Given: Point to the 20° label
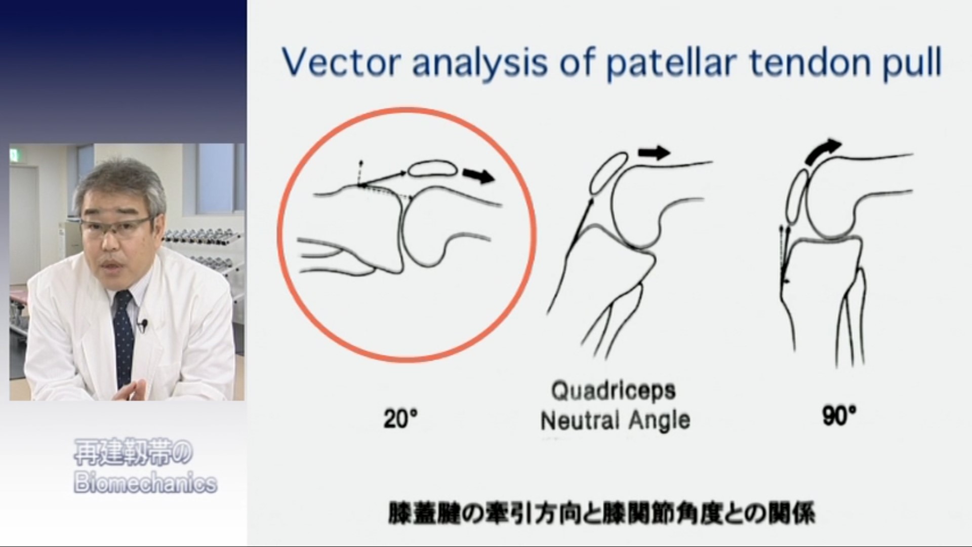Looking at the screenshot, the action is (400, 419).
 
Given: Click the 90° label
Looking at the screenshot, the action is (839, 416).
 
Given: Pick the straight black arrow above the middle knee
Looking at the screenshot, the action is (654, 152).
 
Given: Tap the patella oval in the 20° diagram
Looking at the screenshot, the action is (433, 168).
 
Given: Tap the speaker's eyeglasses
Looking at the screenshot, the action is (116, 225).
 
